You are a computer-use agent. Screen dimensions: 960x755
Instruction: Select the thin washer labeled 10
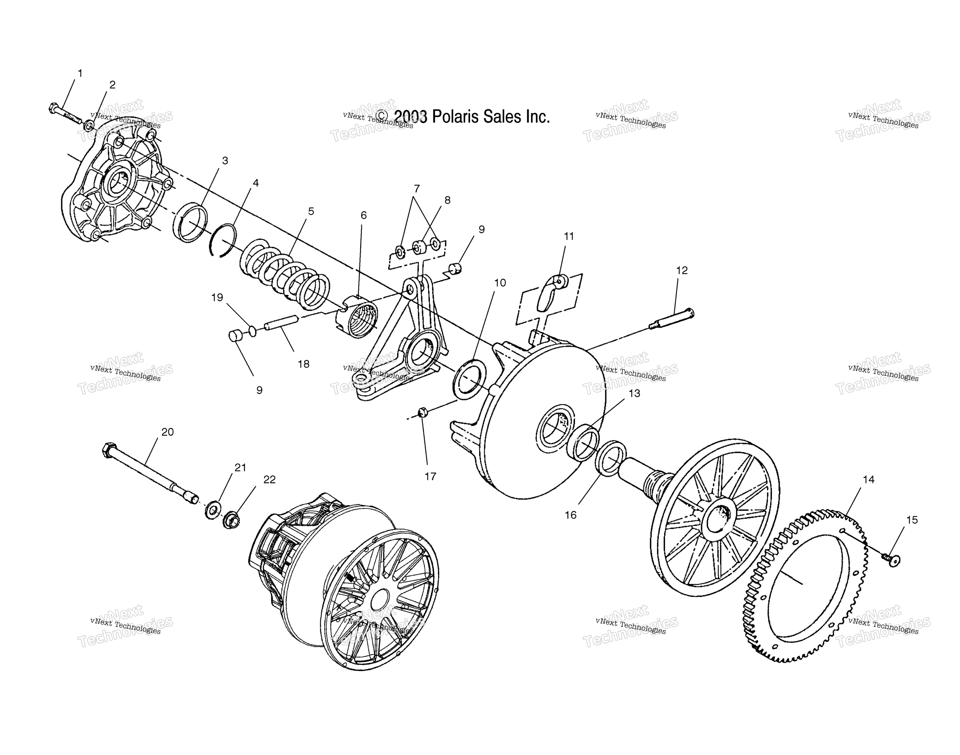[470, 379]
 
